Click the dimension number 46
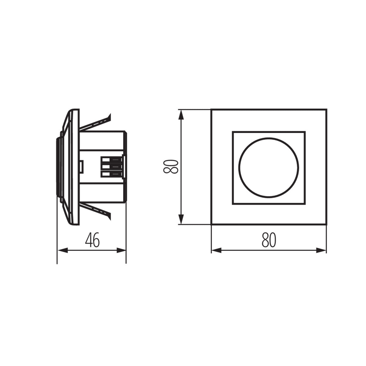pos(92,240)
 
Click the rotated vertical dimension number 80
pos(171,167)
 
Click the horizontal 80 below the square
pos(269,240)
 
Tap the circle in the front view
pos(269,167)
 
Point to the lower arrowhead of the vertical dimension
pos(181,219)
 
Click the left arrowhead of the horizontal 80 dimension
pos(216,251)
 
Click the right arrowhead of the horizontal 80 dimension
pos(321,251)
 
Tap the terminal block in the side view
pos(112,167)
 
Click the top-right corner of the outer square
pos(326,109)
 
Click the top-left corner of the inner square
pos(233,132)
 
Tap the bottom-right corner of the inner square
pos(305,204)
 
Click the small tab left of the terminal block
pos(82,166)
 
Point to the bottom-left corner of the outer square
pos(211,225)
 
